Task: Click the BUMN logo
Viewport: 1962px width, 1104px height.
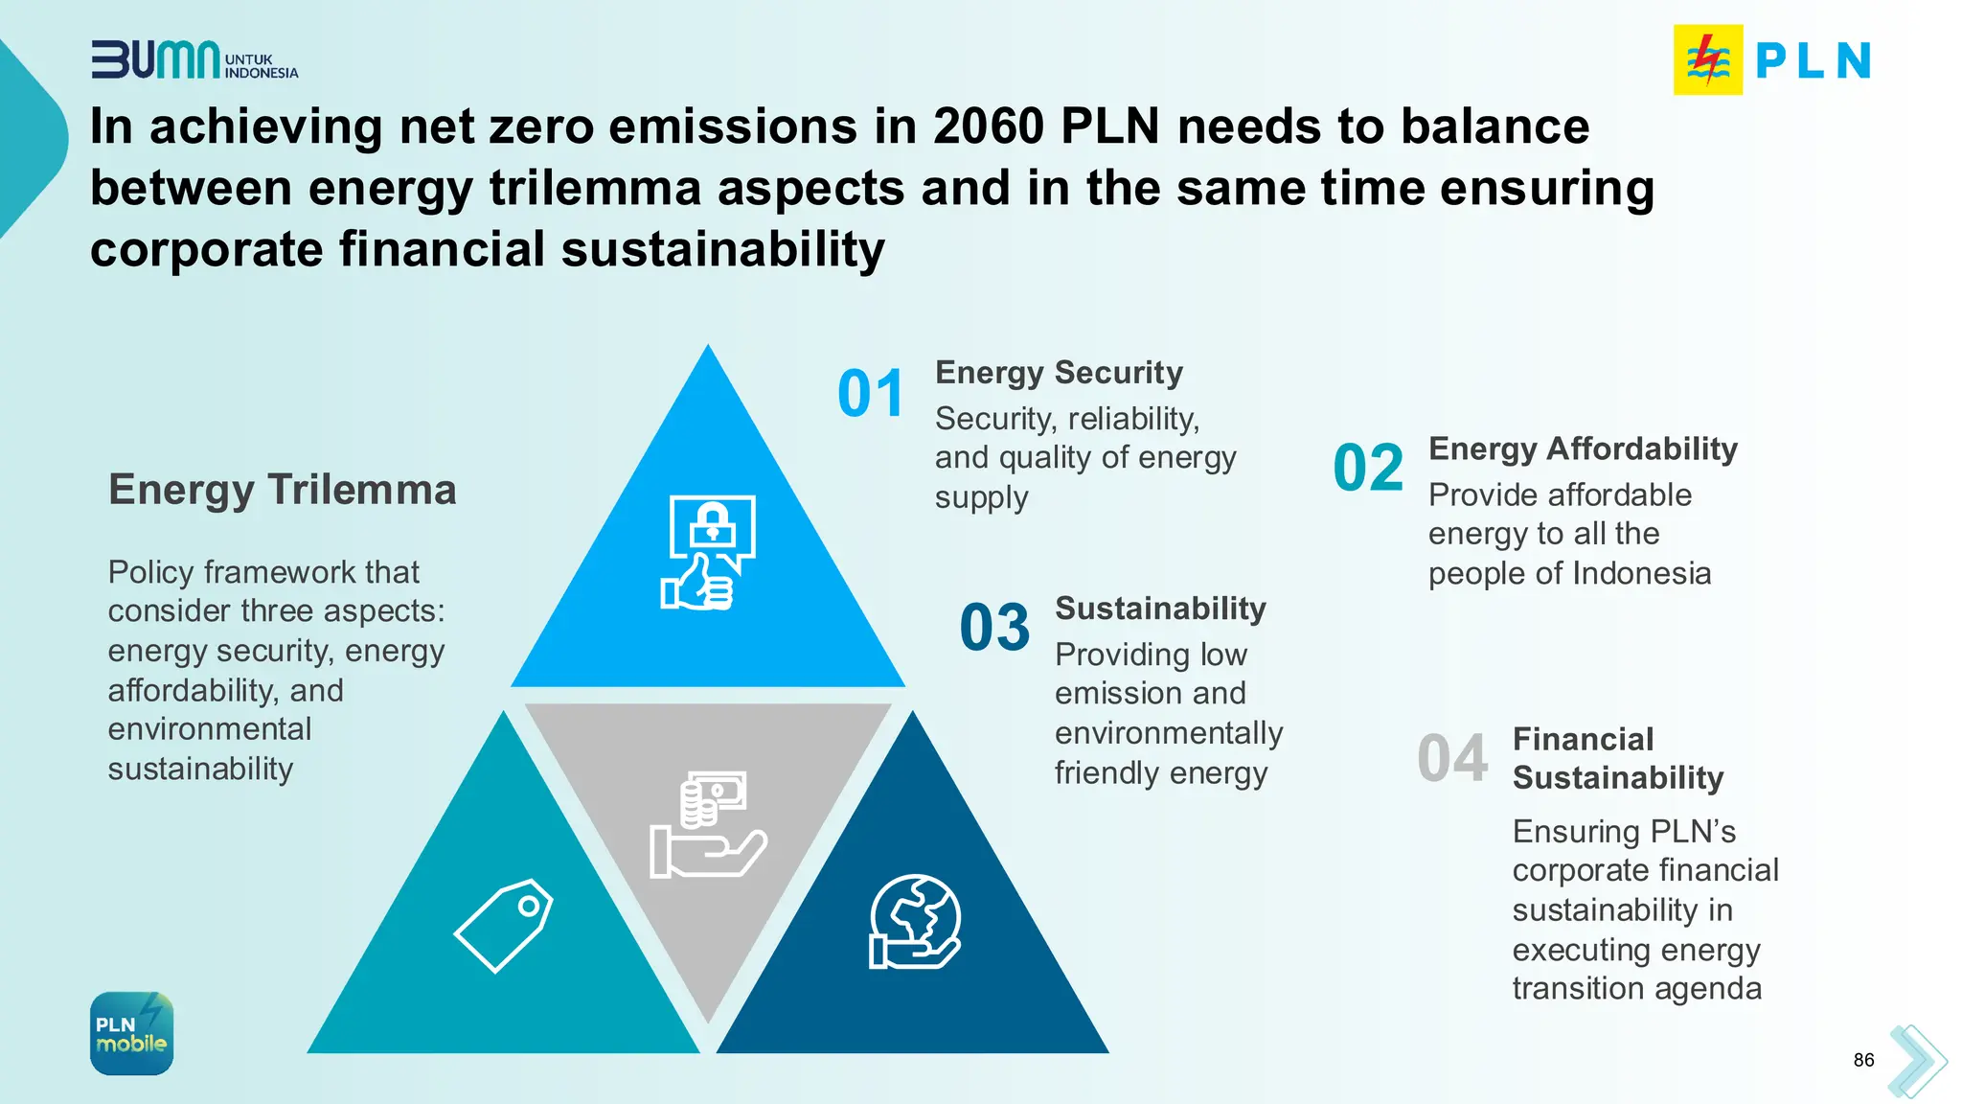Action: [x=194, y=59]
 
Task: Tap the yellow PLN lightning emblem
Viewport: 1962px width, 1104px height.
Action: [x=1708, y=59]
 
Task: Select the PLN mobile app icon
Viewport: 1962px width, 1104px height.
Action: [x=132, y=1033]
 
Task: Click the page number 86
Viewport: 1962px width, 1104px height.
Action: [x=1863, y=1060]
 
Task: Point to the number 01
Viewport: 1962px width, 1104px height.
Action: [x=871, y=394]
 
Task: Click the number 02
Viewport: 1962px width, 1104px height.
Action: [x=1368, y=468]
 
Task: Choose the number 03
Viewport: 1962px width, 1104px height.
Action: [x=994, y=628]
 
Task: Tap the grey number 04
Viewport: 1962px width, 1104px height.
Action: [x=1452, y=758]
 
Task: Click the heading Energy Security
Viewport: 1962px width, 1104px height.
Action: [x=1059, y=372]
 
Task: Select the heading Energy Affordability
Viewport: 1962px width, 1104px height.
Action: [x=1583, y=448]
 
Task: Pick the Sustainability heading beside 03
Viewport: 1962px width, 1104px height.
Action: [x=1160, y=609]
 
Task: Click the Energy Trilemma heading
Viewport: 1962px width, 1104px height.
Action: [x=282, y=490]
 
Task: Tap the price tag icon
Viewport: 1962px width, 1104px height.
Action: [x=504, y=925]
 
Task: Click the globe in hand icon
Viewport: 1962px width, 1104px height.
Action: [x=915, y=922]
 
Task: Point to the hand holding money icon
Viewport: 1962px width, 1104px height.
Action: [x=708, y=825]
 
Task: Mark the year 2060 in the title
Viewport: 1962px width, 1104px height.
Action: [x=989, y=126]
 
